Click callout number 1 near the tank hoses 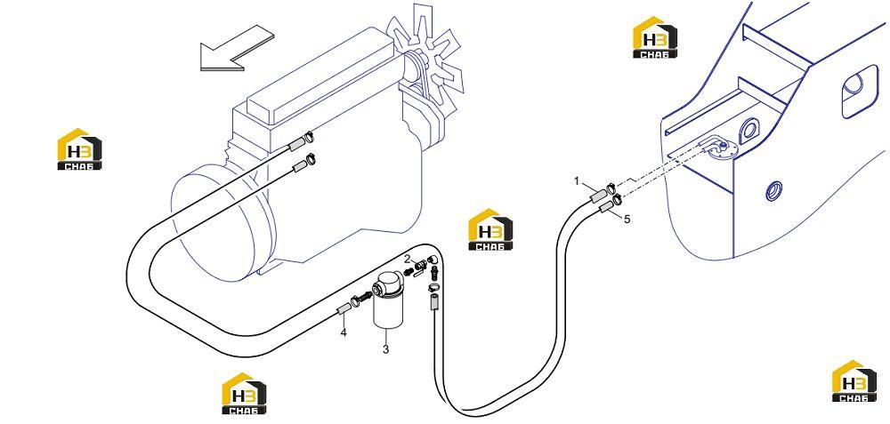(577, 181)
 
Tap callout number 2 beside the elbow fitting (407, 259)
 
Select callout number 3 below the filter (385, 349)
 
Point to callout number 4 (344, 332)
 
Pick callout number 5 (627, 220)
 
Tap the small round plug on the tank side (773, 189)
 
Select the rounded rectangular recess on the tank (860, 92)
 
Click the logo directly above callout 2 (490, 229)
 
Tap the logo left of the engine (79, 149)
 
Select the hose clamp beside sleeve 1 (611, 186)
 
